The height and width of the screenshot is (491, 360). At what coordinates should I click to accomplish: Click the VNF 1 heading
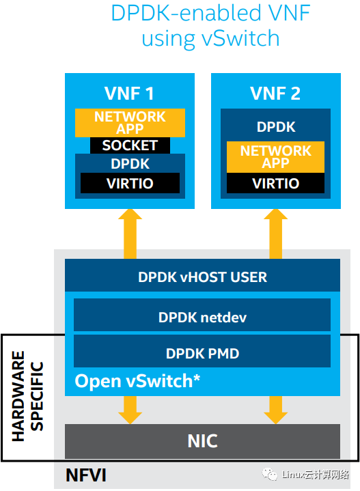pos(129,94)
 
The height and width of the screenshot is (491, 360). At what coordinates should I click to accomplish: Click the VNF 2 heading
pos(275,94)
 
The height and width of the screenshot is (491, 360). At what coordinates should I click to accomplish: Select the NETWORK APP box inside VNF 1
pos(130,123)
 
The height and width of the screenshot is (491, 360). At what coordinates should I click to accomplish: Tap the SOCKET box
pos(130,145)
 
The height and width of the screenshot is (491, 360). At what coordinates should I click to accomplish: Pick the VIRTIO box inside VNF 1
pos(130,183)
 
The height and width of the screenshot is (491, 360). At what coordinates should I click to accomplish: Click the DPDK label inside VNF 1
pos(130,164)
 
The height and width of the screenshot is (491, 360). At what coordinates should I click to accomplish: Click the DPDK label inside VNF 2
pos(276,127)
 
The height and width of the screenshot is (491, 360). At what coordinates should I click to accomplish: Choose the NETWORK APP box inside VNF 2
pos(276,157)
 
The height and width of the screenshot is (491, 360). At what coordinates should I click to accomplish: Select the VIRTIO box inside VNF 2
pos(276,183)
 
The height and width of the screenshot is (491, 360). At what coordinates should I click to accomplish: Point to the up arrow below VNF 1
pos(130,234)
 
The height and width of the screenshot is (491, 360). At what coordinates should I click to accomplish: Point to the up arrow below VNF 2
pos(276,234)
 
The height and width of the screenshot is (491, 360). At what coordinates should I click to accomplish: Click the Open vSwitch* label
pos(137,381)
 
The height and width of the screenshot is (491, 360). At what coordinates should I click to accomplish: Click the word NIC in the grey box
pos(202,441)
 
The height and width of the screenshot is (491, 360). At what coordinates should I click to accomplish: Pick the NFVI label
pos(86,475)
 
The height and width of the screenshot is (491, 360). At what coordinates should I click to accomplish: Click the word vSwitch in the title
pos(240,38)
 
